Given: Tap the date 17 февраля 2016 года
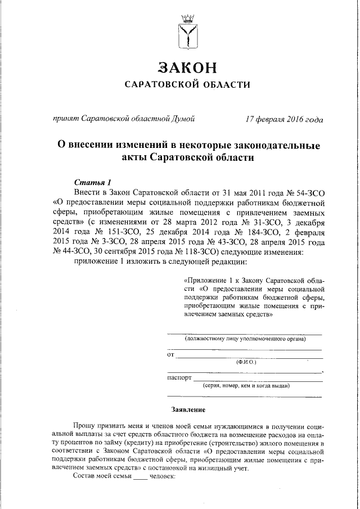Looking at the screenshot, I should coord(284,120).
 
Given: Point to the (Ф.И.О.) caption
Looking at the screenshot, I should coord(246,363).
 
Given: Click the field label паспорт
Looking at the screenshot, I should coord(179,377).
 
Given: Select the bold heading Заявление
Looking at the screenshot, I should coord(188,409).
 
